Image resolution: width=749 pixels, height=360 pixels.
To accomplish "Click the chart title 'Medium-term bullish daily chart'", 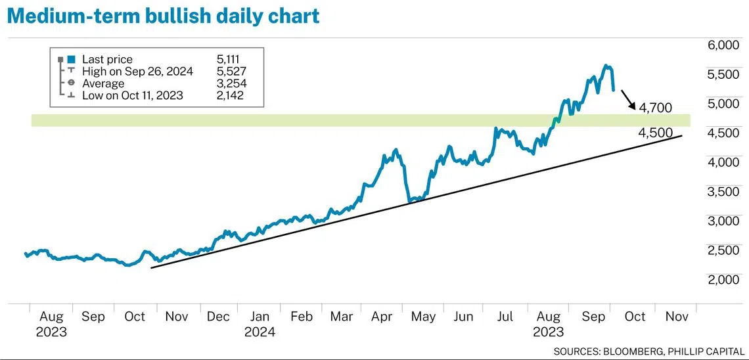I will coord(163,15).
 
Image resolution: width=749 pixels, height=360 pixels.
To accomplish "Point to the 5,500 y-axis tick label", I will coord(723,75).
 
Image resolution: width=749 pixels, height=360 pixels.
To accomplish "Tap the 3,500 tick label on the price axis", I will coord(723,192).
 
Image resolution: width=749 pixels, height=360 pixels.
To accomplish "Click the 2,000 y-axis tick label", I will coord(723,280).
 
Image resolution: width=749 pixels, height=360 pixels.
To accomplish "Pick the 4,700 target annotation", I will coord(654,108).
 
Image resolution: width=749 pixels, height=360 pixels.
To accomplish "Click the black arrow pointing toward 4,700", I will coord(629,99).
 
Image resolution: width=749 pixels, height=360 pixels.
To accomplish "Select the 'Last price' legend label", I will coord(107,60).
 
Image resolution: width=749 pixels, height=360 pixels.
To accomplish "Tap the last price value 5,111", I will coord(229,60).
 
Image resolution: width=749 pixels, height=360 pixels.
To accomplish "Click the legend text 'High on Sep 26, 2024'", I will coord(137,72).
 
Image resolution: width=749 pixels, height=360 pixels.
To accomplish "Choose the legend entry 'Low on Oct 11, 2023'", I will coord(132,95).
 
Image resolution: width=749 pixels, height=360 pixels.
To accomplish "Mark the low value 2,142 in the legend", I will coord(229,95).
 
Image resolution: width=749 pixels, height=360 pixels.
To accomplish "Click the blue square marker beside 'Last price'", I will coord(71,60).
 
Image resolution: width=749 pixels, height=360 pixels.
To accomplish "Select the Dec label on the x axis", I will coord(218,317).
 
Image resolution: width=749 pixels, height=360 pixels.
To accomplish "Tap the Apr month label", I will coord(382,317).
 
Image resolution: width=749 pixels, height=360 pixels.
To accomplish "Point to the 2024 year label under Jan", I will coord(260,332).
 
